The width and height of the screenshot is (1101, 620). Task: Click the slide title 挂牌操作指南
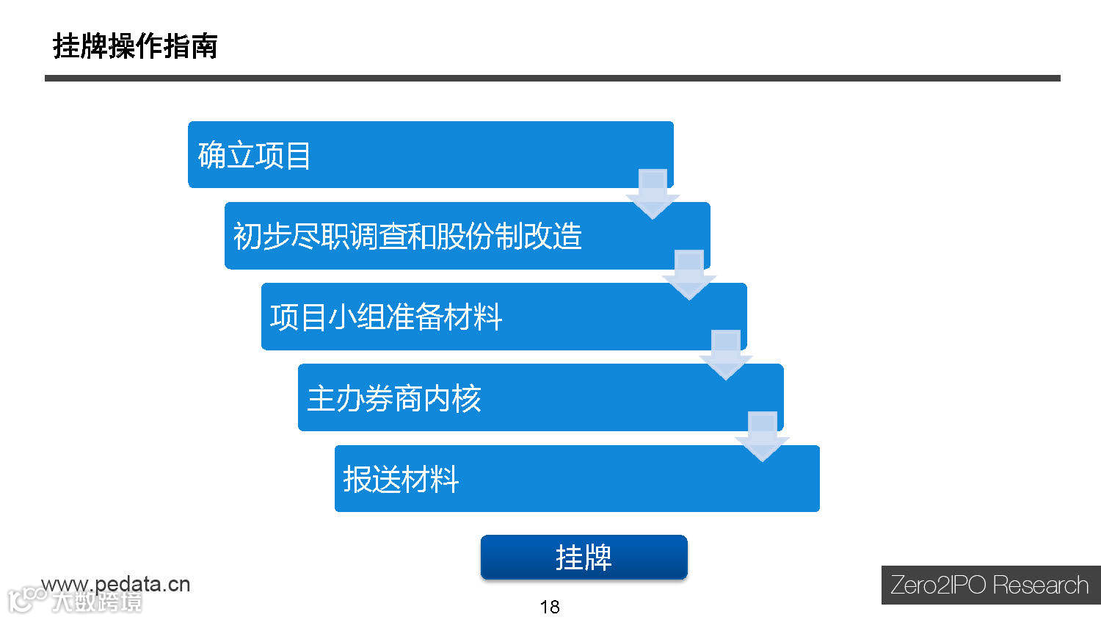[x=135, y=46]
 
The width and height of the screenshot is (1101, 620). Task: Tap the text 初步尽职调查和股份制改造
[x=407, y=237]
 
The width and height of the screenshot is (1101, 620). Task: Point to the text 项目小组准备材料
[x=386, y=317]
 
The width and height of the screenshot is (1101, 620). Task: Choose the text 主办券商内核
[x=394, y=399]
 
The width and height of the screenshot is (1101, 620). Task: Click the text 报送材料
[x=401, y=480]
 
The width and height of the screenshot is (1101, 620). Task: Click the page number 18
[x=550, y=607]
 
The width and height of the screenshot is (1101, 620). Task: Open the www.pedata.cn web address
[x=116, y=584]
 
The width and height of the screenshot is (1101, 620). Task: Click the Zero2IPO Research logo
[x=989, y=585]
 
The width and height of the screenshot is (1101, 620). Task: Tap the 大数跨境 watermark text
[x=97, y=602]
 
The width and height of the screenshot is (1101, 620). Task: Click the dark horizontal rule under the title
[x=552, y=78]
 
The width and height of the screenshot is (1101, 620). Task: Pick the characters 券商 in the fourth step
[x=394, y=399]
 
